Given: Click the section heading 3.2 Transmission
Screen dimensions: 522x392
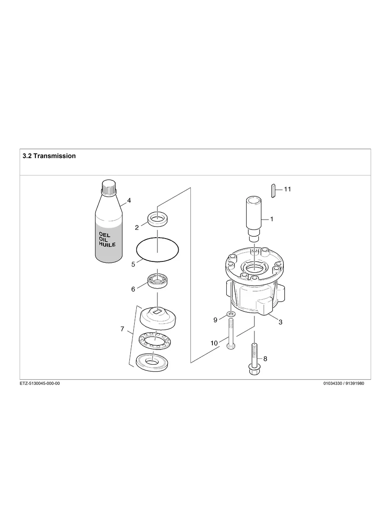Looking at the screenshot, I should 49,156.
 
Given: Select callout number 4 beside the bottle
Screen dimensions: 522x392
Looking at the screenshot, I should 129,201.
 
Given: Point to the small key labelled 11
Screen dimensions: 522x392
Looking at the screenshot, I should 273,190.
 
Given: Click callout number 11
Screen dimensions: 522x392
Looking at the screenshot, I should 287,189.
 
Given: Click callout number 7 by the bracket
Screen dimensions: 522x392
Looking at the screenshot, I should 122,329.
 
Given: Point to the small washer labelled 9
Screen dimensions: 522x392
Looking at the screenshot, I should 231,314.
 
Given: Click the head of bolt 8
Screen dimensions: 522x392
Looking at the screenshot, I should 254,369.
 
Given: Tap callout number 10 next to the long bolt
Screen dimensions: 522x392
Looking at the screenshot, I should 214,343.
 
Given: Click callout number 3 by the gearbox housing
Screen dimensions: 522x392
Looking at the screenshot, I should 280,322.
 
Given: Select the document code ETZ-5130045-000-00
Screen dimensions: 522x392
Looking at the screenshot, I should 40,383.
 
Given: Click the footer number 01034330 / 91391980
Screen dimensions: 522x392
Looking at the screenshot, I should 344,383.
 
